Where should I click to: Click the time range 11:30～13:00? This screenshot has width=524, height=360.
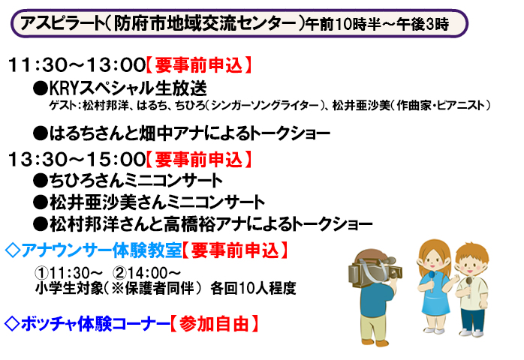pyautogui.click(x=77, y=65)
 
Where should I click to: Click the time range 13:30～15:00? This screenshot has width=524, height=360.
pyautogui.click(x=77, y=159)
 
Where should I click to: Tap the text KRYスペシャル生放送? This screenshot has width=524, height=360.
pyautogui.click(x=128, y=88)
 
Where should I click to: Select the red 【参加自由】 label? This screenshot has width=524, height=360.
pyautogui.click(x=214, y=323)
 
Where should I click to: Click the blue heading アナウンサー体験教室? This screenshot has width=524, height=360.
pyautogui.click(x=101, y=250)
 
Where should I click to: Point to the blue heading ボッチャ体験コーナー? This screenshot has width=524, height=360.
pyautogui.click(x=95, y=323)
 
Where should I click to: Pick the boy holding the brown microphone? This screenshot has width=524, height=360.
pyautogui.click(x=471, y=289)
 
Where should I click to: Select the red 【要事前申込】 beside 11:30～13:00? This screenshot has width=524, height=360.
pyautogui.click(x=199, y=65)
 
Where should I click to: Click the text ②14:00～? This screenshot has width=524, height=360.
pyautogui.click(x=146, y=273)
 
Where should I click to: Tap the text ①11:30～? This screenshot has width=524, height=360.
pyautogui.click(x=69, y=273)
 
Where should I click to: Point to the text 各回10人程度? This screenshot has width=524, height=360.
pyautogui.click(x=253, y=288)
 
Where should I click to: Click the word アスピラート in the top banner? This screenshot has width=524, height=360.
pyautogui.click(x=62, y=23)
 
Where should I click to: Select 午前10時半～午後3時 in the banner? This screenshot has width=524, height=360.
pyautogui.click(x=378, y=24)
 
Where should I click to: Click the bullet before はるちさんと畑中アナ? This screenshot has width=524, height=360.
pyautogui.click(x=40, y=133)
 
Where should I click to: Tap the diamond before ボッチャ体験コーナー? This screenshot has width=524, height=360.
pyautogui.click(x=12, y=323)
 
